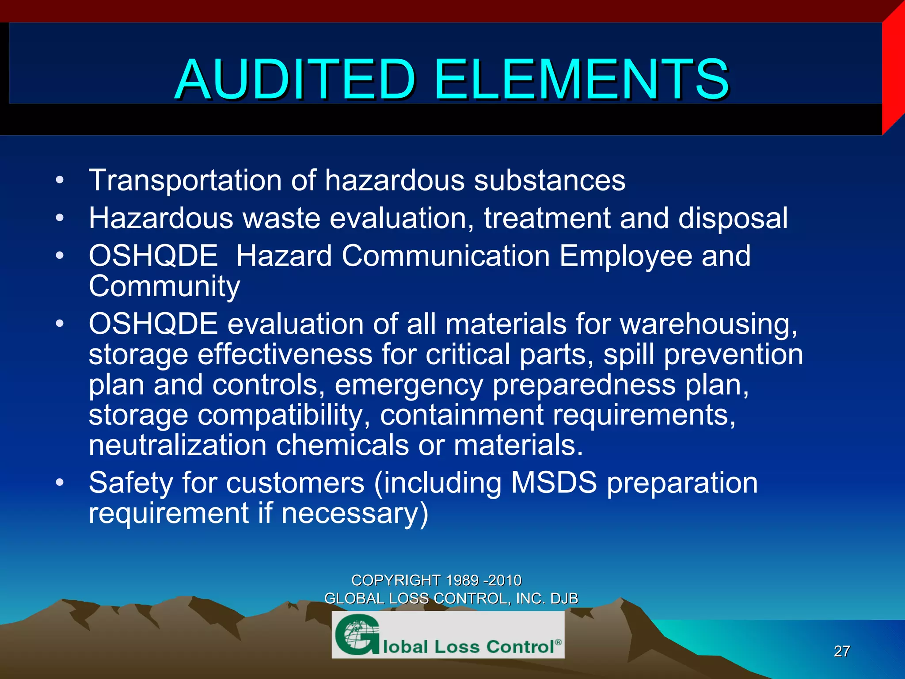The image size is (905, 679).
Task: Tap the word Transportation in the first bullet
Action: click(185, 181)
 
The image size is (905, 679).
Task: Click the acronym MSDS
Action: click(554, 482)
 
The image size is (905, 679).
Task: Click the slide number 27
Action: click(842, 651)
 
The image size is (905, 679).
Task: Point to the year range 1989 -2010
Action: click(483, 580)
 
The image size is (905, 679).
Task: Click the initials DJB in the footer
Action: click(564, 599)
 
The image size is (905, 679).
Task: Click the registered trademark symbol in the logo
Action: click(558, 642)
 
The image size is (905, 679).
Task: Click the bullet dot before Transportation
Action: click(60, 180)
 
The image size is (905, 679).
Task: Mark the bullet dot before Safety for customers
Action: click(60, 482)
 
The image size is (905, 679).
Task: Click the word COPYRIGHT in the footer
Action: click(396, 580)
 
